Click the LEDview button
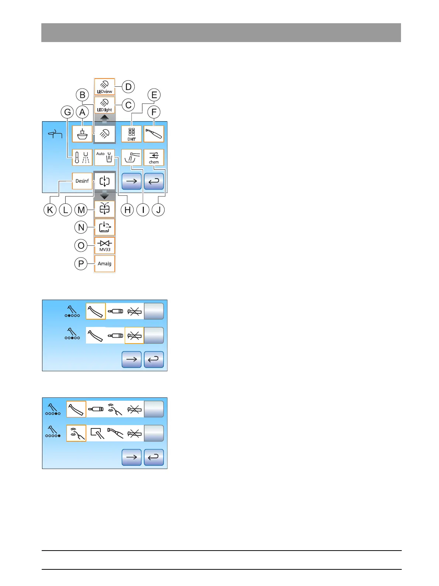pos(105,87)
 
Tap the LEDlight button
pos(105,105)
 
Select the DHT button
pos(132,134)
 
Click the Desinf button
pos(82,181)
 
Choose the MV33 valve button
pos(105,245)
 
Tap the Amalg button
pos(105,263)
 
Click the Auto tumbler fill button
pos(105,157)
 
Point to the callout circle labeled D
pos(128,87)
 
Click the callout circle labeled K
pos(50,210)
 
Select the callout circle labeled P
pos(81,264)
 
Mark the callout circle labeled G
pos(68,112)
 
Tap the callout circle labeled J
pos(158,210)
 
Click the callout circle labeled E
pos(154,95)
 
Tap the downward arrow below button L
pos(105,195)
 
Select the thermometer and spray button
pos(82,157)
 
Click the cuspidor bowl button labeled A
pos(82,134)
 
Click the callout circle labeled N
pos(81,227)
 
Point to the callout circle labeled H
pos(127,210)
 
